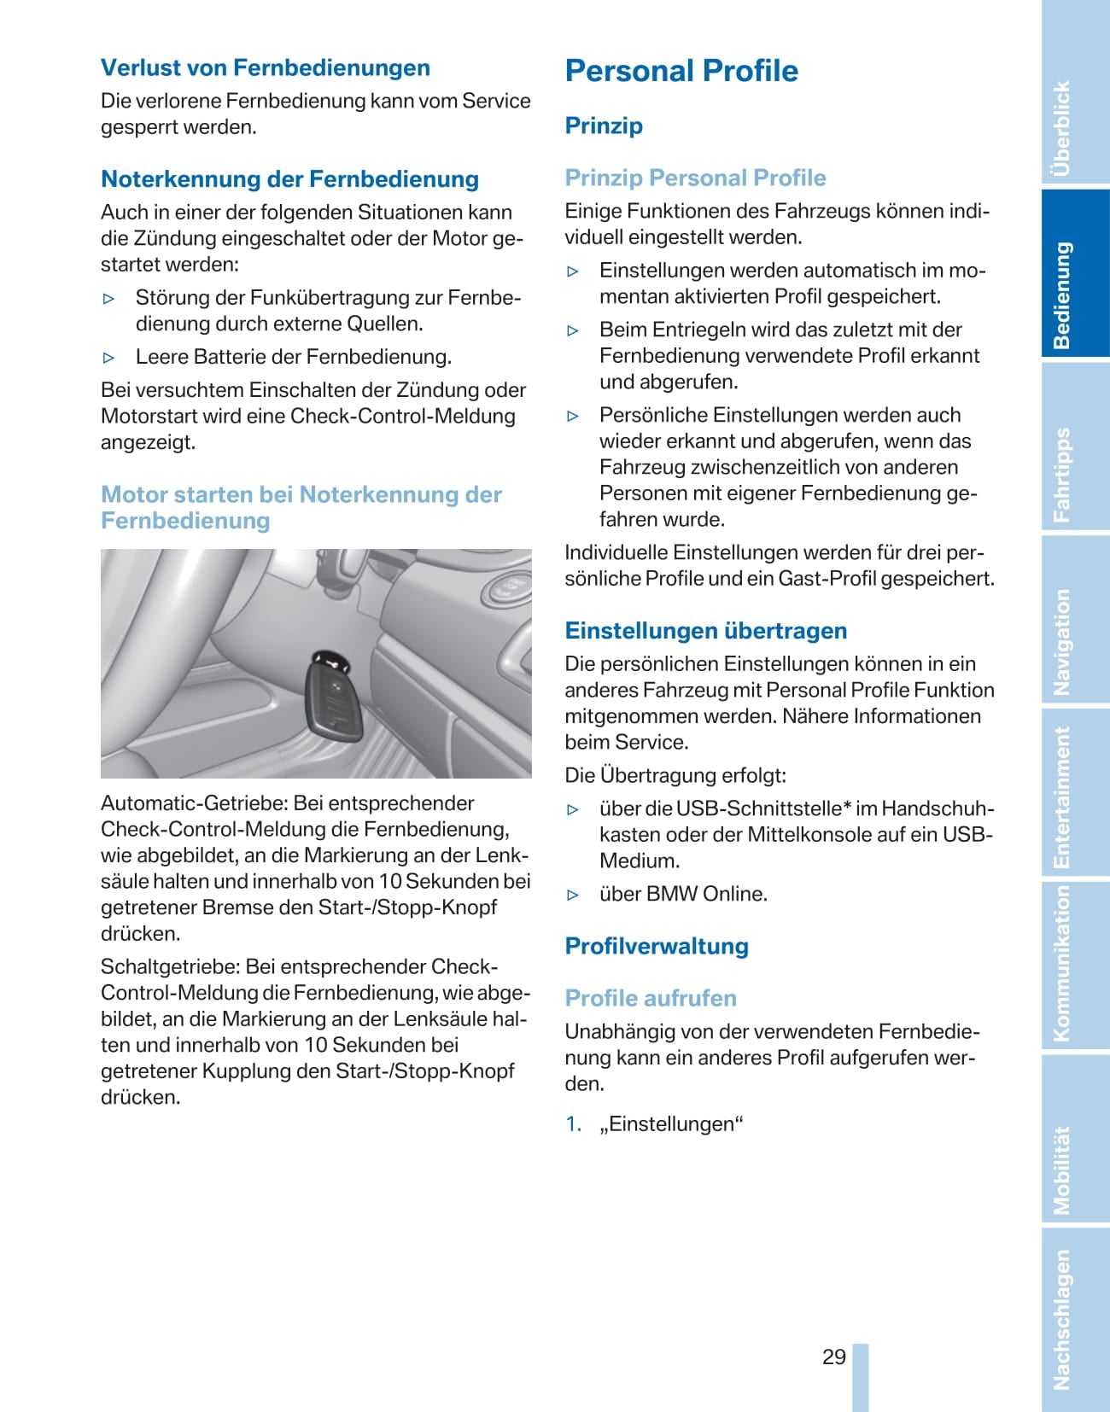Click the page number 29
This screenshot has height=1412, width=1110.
pos(833,1357)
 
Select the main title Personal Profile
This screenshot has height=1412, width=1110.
pos(681,71)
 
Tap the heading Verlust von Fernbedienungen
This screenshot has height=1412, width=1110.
pos(265,68)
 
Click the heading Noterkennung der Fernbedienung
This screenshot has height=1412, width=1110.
pos(289,179)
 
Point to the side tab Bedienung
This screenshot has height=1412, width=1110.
pos(1062,295)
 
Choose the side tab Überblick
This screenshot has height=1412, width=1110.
pos(1062,128)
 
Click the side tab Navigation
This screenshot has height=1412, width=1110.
pos(1062,642)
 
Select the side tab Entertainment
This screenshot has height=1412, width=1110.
pos(1062,797)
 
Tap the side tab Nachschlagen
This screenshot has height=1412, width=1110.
pos(1062,1320)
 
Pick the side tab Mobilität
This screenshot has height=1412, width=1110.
pos(1062,1170)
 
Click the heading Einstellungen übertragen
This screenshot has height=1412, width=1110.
pos(705,631)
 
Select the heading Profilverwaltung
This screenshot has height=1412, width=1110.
pos(657,947)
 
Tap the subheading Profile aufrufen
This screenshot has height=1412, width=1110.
pos(650,999)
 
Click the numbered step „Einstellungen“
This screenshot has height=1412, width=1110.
pos(671,1124)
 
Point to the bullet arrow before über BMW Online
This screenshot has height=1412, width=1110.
pos(573,896)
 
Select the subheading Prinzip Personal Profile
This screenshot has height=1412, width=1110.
pos(695,178)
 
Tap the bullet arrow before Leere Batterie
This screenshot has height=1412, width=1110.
pos(108,358)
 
